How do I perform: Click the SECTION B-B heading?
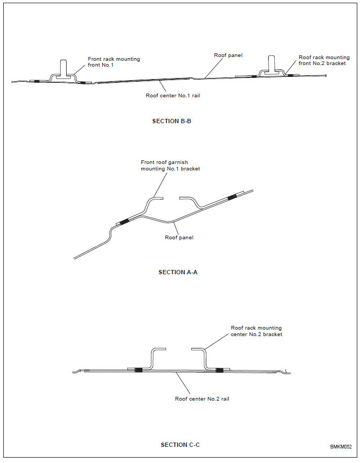(171, 121)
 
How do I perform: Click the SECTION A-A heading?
(178, 272)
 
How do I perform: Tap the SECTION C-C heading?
(180, 445)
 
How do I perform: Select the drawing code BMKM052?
(341, 447)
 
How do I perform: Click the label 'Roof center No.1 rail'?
(173, 96)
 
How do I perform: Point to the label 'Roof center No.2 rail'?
(202, 399)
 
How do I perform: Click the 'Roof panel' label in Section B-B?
(228, 55)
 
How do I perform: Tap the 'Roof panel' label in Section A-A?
(179, 237)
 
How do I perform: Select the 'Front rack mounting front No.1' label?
(114, 62)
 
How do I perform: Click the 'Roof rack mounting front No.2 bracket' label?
(324, 60)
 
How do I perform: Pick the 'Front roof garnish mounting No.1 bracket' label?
(170, 166)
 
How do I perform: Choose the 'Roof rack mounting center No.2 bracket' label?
(256, 331)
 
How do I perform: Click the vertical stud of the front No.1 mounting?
(63, 68)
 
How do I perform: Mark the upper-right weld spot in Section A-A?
(232, 197)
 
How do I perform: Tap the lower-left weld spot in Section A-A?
(124, 221)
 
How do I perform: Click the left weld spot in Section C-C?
(139, 369)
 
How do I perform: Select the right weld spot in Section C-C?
(219, 370)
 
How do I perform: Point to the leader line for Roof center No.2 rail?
(183, 383)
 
